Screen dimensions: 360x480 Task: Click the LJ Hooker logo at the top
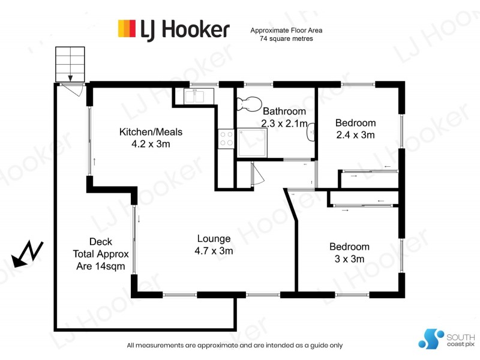click(x=173, y=28)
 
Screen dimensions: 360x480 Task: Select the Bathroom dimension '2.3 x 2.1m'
click(x=284, y=123)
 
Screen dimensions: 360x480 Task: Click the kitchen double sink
click(x=195, y=95)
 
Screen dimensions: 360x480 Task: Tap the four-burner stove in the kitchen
click(x=226, y=139)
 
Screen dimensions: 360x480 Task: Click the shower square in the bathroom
click(x=252, y=143)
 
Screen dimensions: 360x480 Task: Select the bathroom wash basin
click(x=311, y=131)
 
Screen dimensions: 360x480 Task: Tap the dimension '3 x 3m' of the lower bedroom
click(x=349, y=259)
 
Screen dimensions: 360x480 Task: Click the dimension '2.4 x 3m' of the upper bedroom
click(x=355, y=135)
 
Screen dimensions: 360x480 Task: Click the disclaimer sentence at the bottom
click(x=235, y=346)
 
